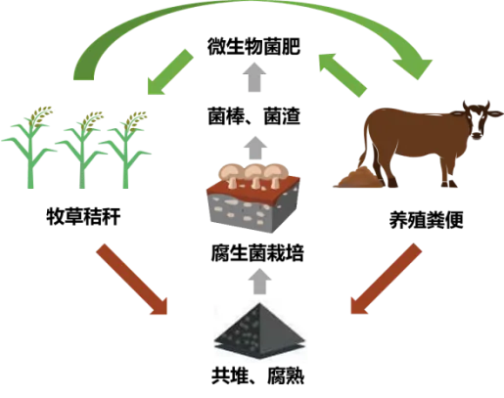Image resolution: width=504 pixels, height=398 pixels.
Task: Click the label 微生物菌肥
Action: point(253,47)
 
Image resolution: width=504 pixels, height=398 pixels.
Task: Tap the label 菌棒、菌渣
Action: point(254,115)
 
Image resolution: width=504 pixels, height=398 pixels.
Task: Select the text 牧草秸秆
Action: point(83,216)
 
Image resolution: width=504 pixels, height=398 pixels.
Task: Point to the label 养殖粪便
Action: point(427,220)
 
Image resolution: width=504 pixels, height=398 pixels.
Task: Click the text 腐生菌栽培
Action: point(257,252)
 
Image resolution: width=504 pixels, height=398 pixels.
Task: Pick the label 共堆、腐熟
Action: point(257,376)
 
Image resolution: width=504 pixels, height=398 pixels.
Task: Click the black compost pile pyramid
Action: point(260,331)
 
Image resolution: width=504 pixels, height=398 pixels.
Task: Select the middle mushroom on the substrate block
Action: point(255,175)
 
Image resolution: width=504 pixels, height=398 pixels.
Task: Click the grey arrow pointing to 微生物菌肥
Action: point(254,77)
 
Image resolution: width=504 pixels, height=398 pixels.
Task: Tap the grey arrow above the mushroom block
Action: point(255,148)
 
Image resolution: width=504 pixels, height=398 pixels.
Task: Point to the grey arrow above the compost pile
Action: point(259,282)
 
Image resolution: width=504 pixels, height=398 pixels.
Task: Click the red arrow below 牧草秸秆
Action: point(132,279)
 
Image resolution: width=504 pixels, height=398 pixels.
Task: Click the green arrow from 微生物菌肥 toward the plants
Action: point(170,71)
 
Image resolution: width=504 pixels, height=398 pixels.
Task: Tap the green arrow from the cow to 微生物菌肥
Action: point(343,75)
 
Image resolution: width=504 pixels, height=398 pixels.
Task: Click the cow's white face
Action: point(478,122)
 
